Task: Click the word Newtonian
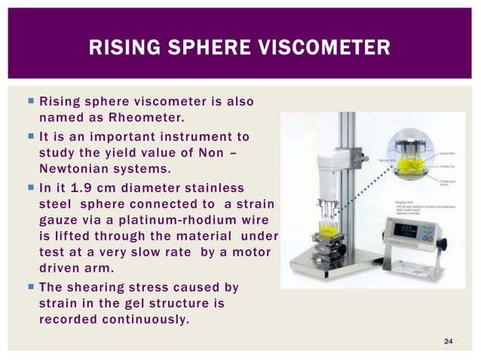click(72, 167)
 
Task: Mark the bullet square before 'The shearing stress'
click(26, 287)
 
